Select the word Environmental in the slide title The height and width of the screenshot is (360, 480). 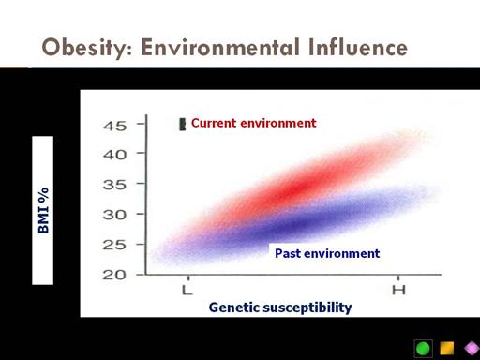point(220,47)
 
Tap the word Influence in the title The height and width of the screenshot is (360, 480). point(357,47)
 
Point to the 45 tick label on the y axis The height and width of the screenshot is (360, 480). point(115,126)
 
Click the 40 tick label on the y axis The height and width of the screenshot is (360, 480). point(115,155)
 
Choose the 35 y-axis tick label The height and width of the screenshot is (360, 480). point(115,185)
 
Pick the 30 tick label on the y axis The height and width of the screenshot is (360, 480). point(115,215)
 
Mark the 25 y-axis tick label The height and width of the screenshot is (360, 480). point(115,245)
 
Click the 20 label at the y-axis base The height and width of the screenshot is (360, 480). point(115,275)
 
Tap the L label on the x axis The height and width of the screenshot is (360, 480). point(187,291)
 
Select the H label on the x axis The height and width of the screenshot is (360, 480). point(398,290)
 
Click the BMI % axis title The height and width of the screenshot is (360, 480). point(43,210)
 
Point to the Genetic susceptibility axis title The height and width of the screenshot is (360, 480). point(280,307)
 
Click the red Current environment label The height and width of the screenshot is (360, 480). point(254,123)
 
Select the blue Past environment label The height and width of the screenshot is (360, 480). point(327,253)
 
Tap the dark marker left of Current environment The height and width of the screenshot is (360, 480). point(182,125)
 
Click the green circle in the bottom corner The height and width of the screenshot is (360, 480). point(424,349)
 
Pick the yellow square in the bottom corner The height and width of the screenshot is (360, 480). point(447,348)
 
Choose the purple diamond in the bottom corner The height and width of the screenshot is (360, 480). point(472,348)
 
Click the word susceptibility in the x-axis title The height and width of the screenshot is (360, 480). point(307,307)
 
